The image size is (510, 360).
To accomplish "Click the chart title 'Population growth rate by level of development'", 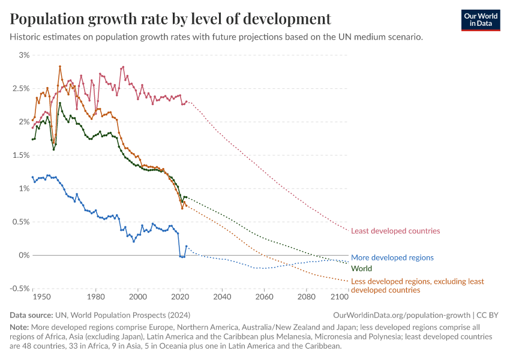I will pyautogui.click(x=170, y=19).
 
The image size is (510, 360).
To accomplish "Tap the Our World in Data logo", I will pyautogui.click(x=480, y=19).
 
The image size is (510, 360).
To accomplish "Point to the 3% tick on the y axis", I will pyautogui.click(x=23, y=55).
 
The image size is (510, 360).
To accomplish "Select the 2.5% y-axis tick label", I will pyautogui.click(x=20, y=89).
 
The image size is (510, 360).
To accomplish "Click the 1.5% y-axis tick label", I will pyautogui.click(x=20, y=155).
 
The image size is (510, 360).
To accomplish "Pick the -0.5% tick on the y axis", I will pyautogui.click(x=19, y=289).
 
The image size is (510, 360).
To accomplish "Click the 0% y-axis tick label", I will pyautogui.click(x=23, y=256).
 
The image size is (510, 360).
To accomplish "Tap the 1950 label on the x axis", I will pyautogui.click(x=41, y=296).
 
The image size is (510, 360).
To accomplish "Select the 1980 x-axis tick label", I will pyautogui.click(x=96, y=296).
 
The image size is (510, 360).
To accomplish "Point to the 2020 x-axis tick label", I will pyautogui.click(x=180, y=296).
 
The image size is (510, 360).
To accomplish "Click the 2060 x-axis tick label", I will pyautogui.click(x=264, y=296).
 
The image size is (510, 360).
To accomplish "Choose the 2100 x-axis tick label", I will pyautogui.click(x=340, y=296).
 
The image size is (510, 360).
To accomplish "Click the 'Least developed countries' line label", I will pyautogui.click(x=395, y=231).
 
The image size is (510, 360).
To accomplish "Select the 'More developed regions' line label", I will pyautogui.click(x=392, y=257).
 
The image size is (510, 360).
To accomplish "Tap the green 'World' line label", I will pyautogui.click(x=361, y=269).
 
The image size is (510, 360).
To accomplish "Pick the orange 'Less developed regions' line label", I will pyautogui.click(x=417, y=285).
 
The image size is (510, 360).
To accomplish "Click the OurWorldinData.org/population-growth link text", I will pyautogui.click(x=401, y=315).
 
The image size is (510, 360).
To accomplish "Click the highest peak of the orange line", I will pyautogui.click(x=60, y=67).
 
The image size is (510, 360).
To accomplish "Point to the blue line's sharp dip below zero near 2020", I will pyautogui.click(x=182, y=257).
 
